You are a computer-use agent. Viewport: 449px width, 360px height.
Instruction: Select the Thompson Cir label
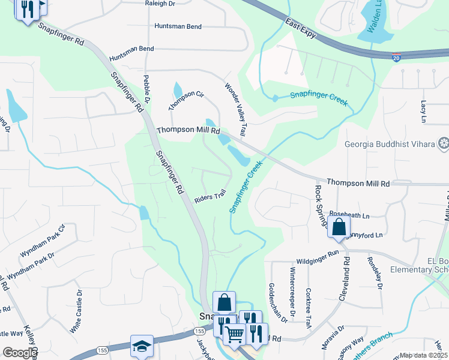coord(186,100)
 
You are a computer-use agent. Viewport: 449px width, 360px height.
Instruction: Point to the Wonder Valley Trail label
coord(237,109)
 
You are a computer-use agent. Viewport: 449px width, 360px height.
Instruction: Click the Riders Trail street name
coord(210,196)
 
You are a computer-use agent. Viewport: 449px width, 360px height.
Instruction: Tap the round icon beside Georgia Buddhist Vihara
coord(444,143)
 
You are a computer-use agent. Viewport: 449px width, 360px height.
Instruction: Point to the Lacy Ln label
coord(423,109)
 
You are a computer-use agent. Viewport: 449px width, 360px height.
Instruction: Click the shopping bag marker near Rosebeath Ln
coord(339,227)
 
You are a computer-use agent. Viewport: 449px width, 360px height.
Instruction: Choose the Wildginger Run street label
coord(318,262)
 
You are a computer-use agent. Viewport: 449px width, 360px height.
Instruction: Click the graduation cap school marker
coord(142,346)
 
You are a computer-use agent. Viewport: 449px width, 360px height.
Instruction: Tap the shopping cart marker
coord(235,335)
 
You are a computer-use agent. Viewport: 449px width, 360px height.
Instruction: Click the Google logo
coord(20,353)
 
